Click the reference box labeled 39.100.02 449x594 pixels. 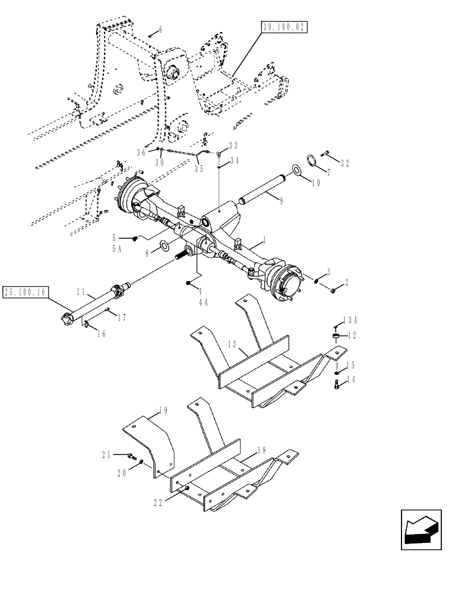coord(284,27)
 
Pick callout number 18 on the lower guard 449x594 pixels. coord(256,452)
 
